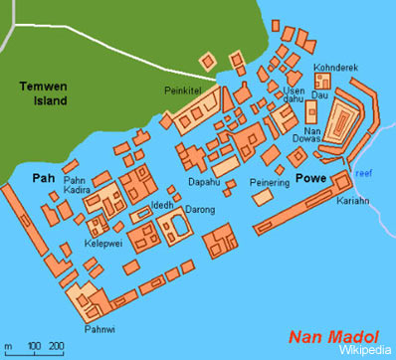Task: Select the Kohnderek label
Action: (333, 68)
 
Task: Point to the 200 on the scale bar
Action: (57, 345)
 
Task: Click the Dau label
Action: (319, 95)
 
